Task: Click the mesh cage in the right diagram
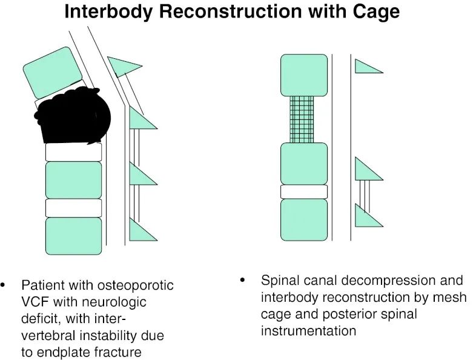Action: (x=302, y=119)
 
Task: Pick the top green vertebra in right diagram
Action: (x=303, y=75)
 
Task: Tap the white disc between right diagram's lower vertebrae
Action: (x=303, y=192)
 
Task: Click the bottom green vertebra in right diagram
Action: (x=303, y=219)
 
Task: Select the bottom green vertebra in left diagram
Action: (x=73, y=235)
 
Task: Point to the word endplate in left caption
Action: (x=60, y=352)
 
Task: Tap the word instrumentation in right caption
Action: (x=308, y=331)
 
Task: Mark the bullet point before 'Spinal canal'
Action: (x=243, y=281)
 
